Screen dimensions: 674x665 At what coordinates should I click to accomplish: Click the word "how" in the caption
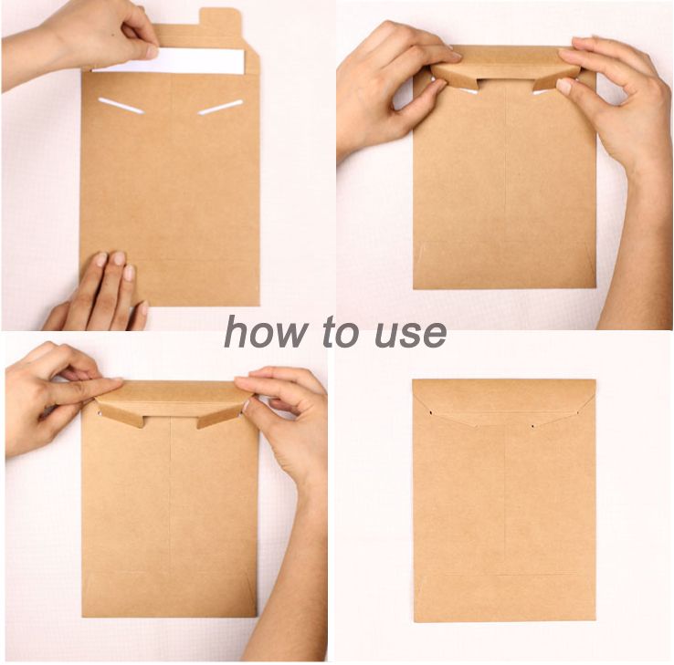pos(266,331)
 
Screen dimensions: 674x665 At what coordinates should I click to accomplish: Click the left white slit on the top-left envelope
pos(121,106)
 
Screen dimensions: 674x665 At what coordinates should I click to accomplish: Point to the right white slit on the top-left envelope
pos(220,108)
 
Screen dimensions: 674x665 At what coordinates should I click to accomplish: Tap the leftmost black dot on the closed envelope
pos(431,413)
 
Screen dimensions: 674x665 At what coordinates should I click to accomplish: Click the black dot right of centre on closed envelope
pos(533,426)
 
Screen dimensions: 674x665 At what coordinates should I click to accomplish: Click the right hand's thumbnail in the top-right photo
pos(564,86)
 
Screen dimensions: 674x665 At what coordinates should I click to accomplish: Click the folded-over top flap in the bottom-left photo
pos(171,400)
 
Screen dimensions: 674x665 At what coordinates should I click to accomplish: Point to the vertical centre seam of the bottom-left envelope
pos(171,494)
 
